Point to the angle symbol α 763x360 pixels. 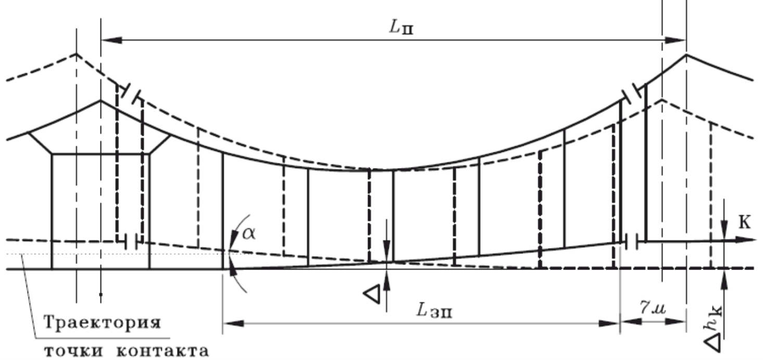249,234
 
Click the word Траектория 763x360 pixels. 100,323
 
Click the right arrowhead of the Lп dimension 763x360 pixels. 679,40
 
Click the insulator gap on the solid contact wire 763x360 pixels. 633,241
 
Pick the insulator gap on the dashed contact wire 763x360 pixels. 131,241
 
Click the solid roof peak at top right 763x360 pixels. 686,54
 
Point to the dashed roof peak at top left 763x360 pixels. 76,54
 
